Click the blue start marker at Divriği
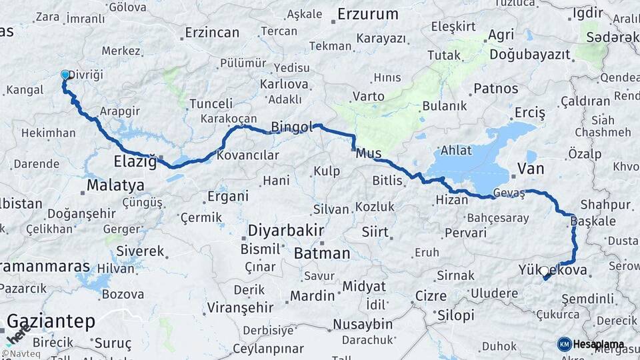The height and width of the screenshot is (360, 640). tap(65, 75)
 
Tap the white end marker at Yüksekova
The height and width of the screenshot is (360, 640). tap(544, 271)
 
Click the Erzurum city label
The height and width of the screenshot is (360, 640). tap(367, 14)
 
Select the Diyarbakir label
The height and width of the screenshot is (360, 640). tap(286, 231)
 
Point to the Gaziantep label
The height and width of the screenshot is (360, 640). tap(51, 321)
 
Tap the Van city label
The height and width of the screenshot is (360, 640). tap(531, 169)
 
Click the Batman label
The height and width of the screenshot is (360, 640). tap(322, 253)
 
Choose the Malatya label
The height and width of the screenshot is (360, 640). tap(115, 184)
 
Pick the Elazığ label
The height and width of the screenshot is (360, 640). tap(135, 161)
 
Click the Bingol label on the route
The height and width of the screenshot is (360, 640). tap(291, 127)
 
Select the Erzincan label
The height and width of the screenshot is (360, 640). tap(212, 32)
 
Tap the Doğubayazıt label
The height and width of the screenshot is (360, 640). tap(526, 55)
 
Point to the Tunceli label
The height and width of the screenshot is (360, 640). tap(211, 104)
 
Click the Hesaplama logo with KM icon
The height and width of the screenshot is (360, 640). tap(591, 345)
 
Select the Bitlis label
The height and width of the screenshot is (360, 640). tap(387, 180)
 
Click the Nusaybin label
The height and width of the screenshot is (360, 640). tap(363, 324)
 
